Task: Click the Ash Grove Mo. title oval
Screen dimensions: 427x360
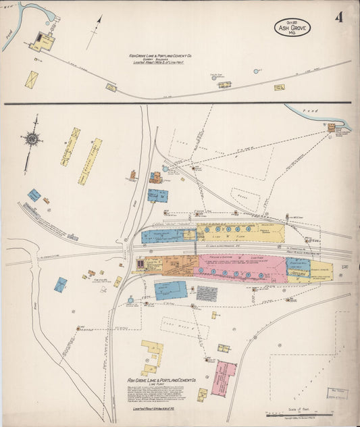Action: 292,28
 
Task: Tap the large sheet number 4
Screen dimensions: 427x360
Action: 337,18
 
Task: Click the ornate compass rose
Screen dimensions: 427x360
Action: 31,139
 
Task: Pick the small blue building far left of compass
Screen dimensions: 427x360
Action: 34,195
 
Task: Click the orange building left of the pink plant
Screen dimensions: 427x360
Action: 178,265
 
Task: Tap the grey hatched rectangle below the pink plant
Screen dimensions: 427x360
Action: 207,293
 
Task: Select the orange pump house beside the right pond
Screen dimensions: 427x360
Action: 331,127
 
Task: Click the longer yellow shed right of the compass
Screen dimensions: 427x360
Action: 90,161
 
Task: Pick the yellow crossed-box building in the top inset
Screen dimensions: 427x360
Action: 32,79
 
